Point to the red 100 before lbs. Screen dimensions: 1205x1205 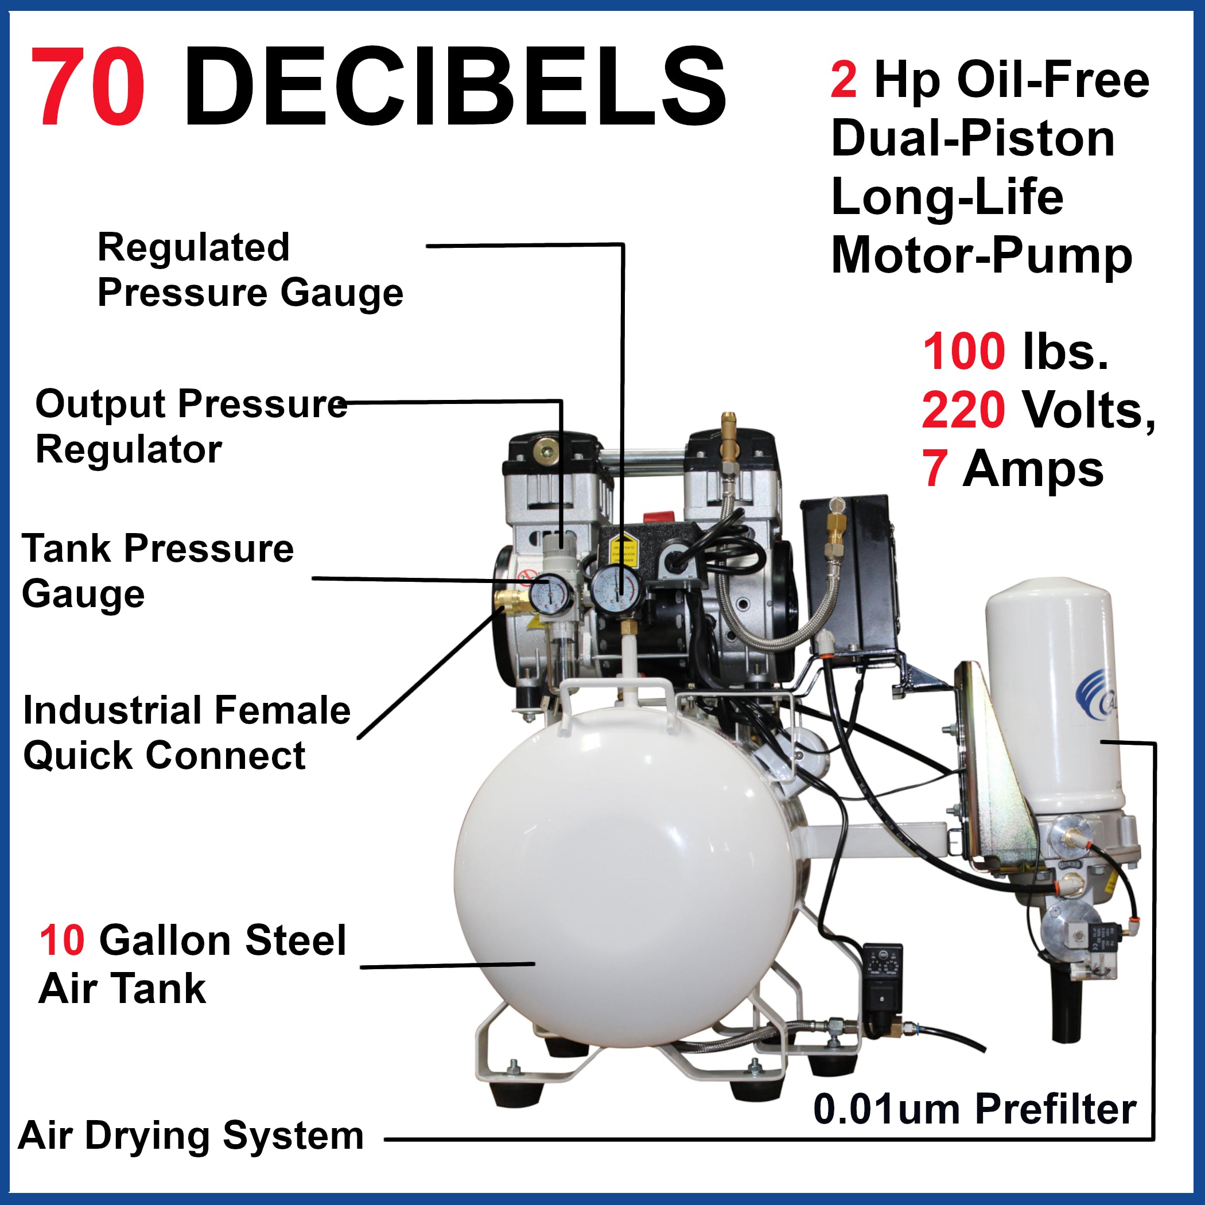coord(963,352)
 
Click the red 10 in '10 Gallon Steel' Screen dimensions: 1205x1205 coord(62,940)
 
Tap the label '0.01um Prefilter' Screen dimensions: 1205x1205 coord(974,1109)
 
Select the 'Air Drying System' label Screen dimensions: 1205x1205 coord(191,1135)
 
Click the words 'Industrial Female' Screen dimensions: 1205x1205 coord(186,710)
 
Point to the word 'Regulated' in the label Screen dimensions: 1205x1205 coord(193,248)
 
